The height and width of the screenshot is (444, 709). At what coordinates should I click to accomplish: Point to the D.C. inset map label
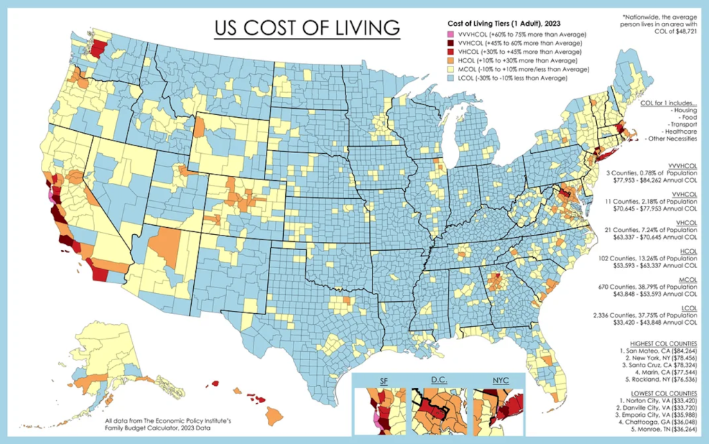coord(439,381)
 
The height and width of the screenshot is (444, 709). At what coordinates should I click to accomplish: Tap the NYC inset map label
coord(499,381)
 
